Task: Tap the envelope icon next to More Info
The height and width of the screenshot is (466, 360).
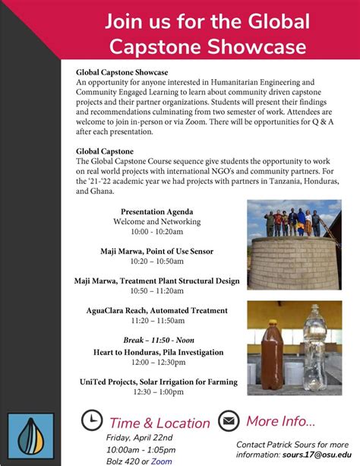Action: point(229,420)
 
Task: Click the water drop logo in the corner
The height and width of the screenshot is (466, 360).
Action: point(30,436)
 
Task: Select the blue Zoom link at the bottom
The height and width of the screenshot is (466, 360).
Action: point(162,461)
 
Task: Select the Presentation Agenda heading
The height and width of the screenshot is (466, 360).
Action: point(157,211)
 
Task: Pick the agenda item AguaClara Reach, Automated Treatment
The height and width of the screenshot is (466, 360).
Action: point(157,310)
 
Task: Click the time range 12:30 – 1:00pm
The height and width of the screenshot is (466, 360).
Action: point(157,392)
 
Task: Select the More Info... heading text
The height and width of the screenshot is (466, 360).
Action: point(280,420)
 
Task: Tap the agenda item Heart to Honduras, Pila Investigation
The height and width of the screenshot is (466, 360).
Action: point(157,352)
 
